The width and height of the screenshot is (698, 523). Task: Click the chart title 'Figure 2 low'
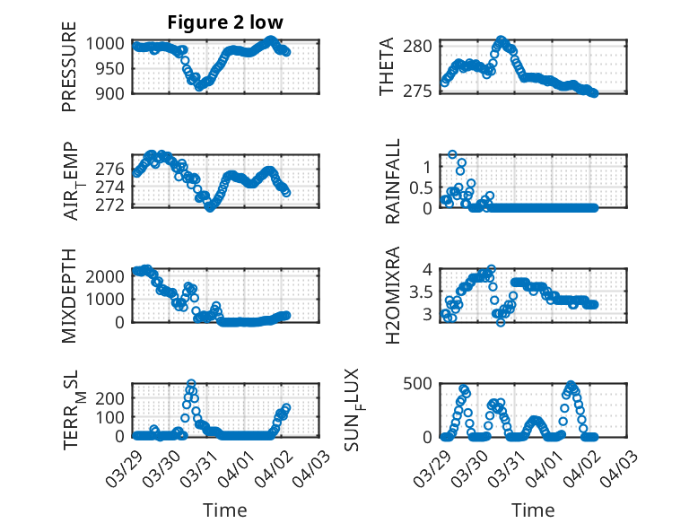224,23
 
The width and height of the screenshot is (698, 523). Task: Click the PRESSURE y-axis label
70,74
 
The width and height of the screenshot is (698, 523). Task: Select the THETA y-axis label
387,66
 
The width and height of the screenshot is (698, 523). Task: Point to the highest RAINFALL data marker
453,154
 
